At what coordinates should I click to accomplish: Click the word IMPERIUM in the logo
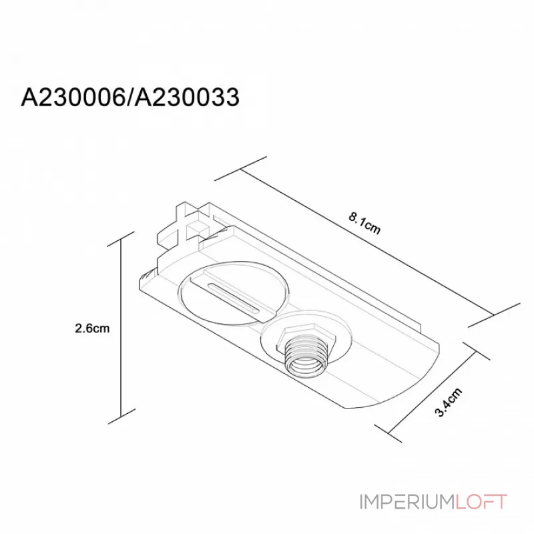click(x=407, y=502)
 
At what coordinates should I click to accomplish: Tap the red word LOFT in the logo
click(x=481, y=502)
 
